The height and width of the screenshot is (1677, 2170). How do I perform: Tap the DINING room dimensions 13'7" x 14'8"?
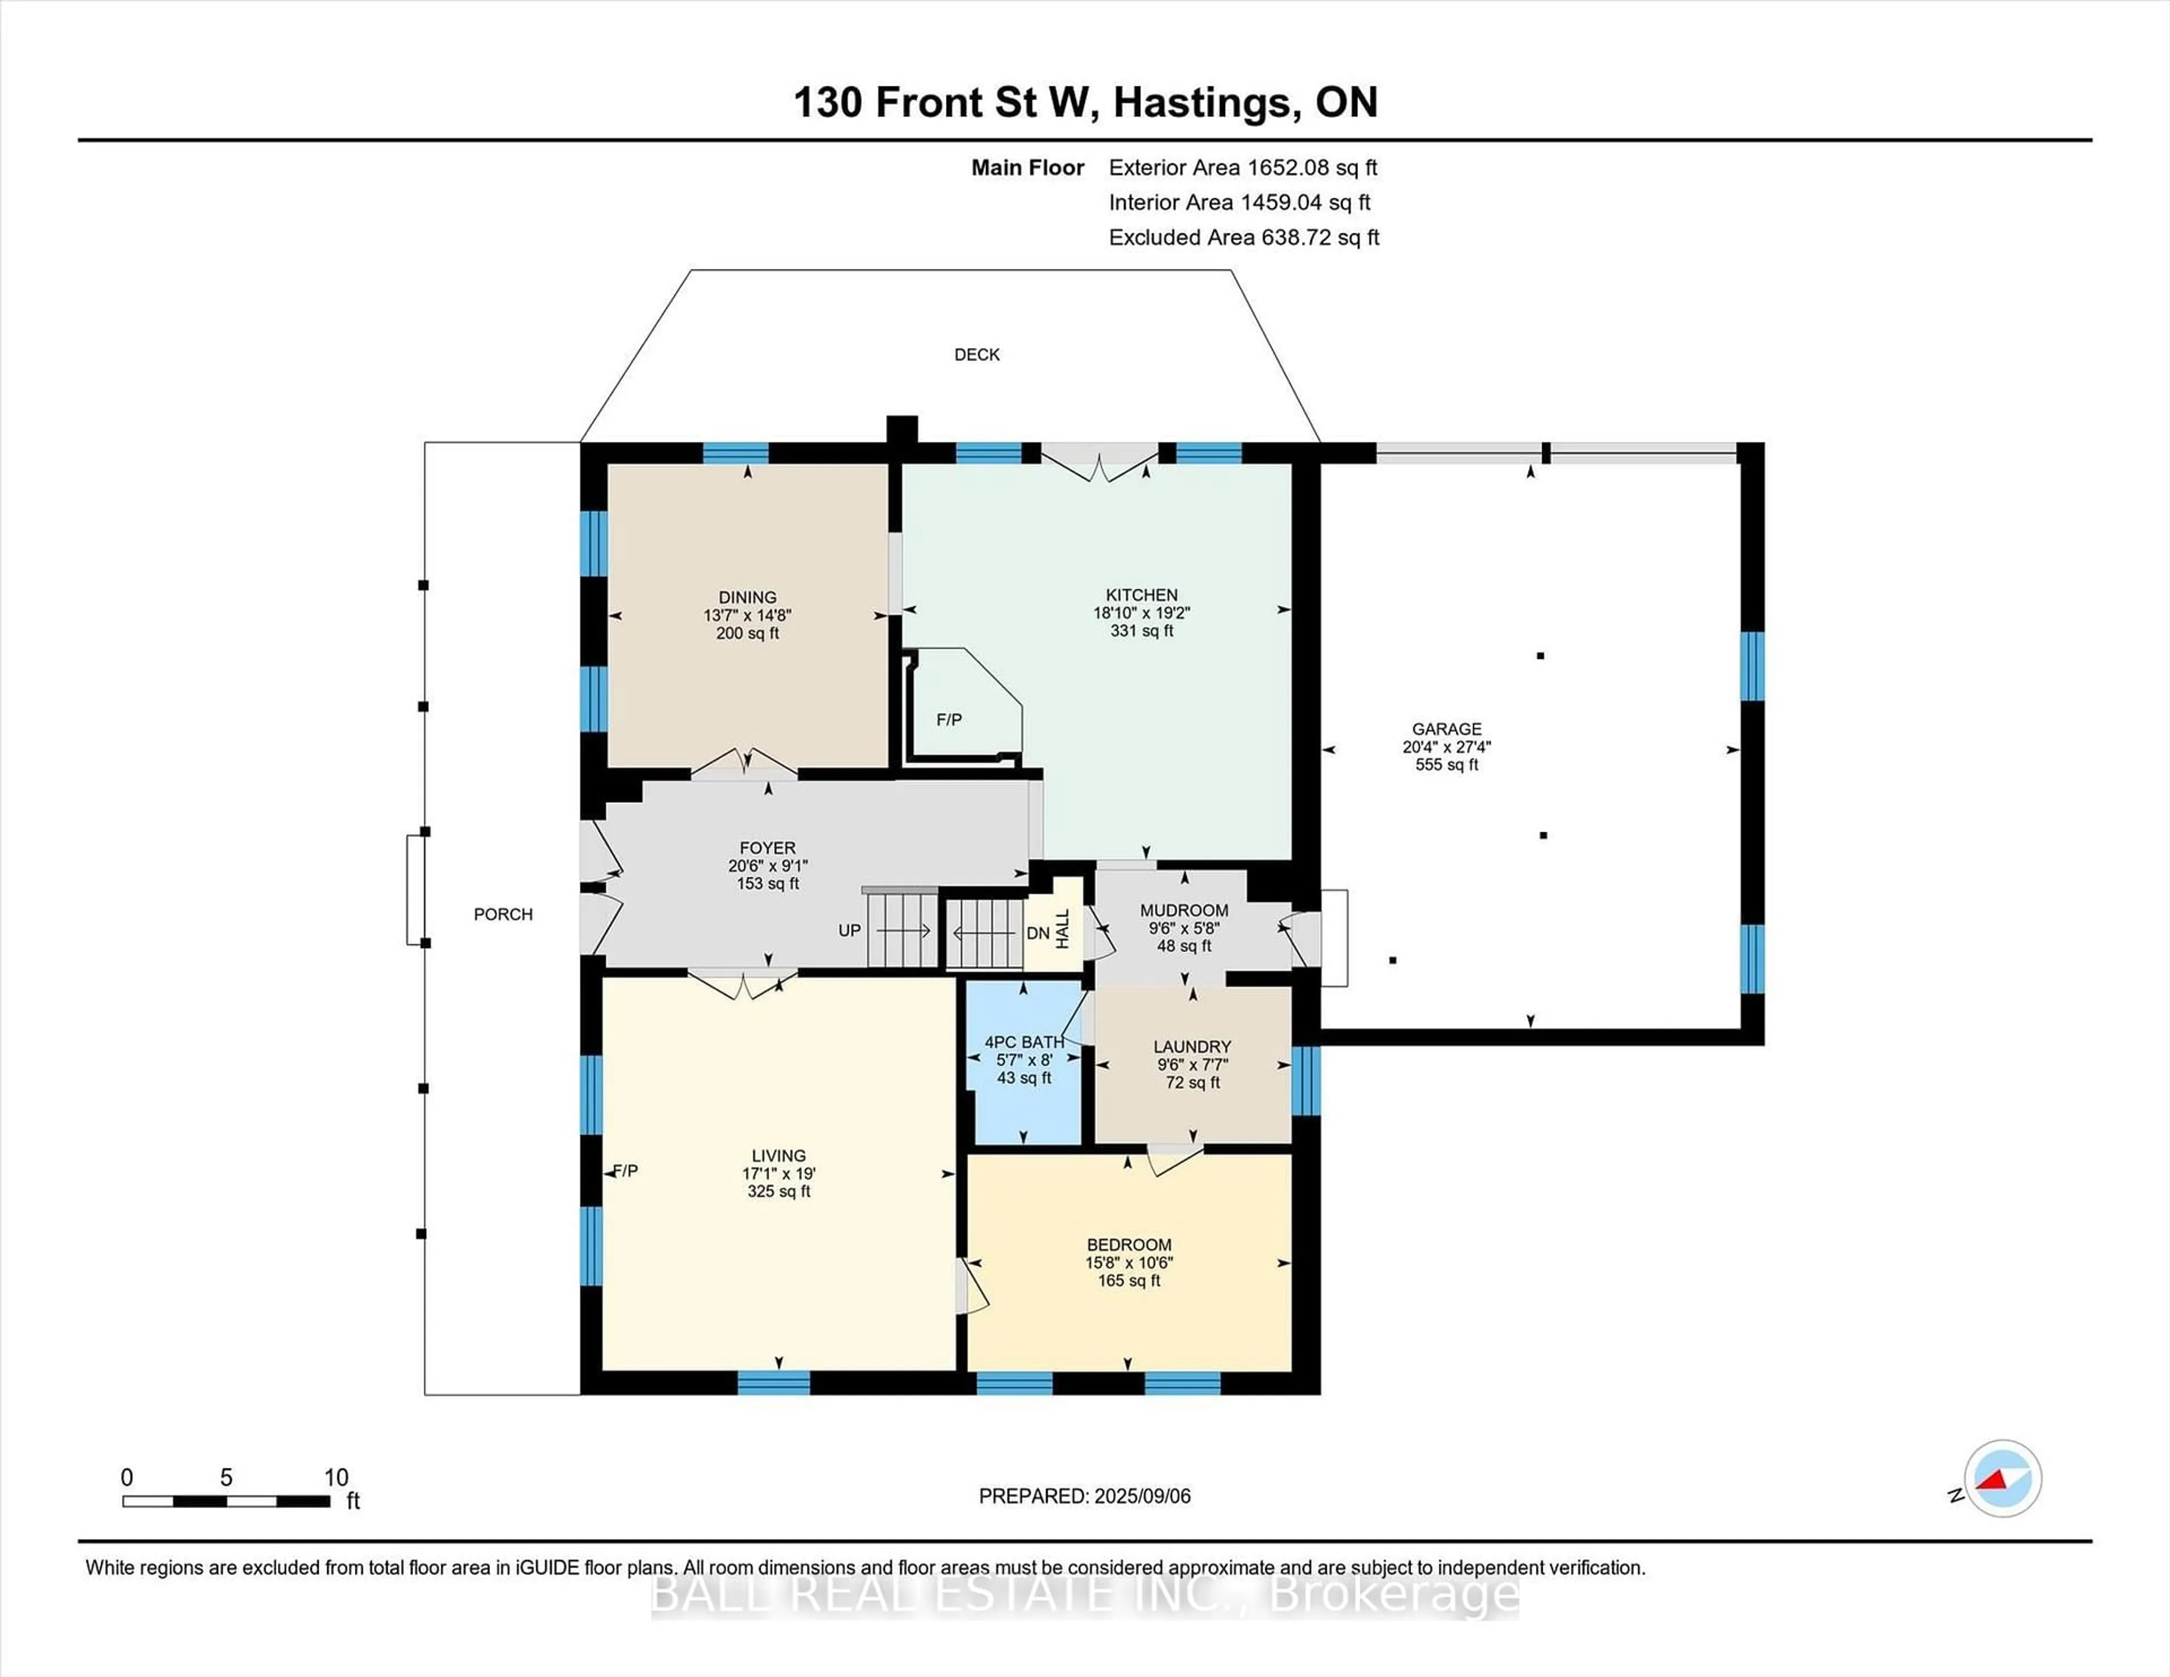tap(747, 615)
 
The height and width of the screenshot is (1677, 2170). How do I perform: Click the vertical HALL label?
tap(1062, 928)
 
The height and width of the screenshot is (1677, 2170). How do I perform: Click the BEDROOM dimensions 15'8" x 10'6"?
tap(1129, 1263)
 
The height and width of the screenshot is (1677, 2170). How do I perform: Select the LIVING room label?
tap(778, 1155)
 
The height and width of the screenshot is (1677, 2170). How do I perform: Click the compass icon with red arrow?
tap(2002, 1478)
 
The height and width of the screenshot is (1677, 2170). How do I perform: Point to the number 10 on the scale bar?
tap(336, 1478)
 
